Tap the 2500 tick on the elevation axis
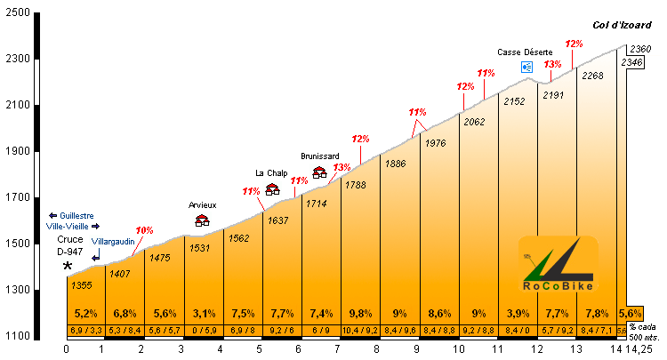tap(17, 13)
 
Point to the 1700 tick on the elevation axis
tap(17, 197)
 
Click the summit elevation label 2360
tap(640, 49)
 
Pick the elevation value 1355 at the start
tap(82, 284)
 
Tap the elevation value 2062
tap(474, 121)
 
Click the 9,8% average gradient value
tap(360, 313)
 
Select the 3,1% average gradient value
tap(204, 313)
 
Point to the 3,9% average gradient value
tap(517, 313)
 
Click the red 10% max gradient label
tap(144, 230)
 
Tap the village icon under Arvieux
tap(202, 220)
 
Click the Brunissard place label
tap(320, 156)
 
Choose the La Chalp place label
tap(272, 172)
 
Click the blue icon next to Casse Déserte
tap(526, 67)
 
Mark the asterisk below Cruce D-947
tap(68, 266)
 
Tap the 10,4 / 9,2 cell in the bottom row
tap(360, 332)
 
